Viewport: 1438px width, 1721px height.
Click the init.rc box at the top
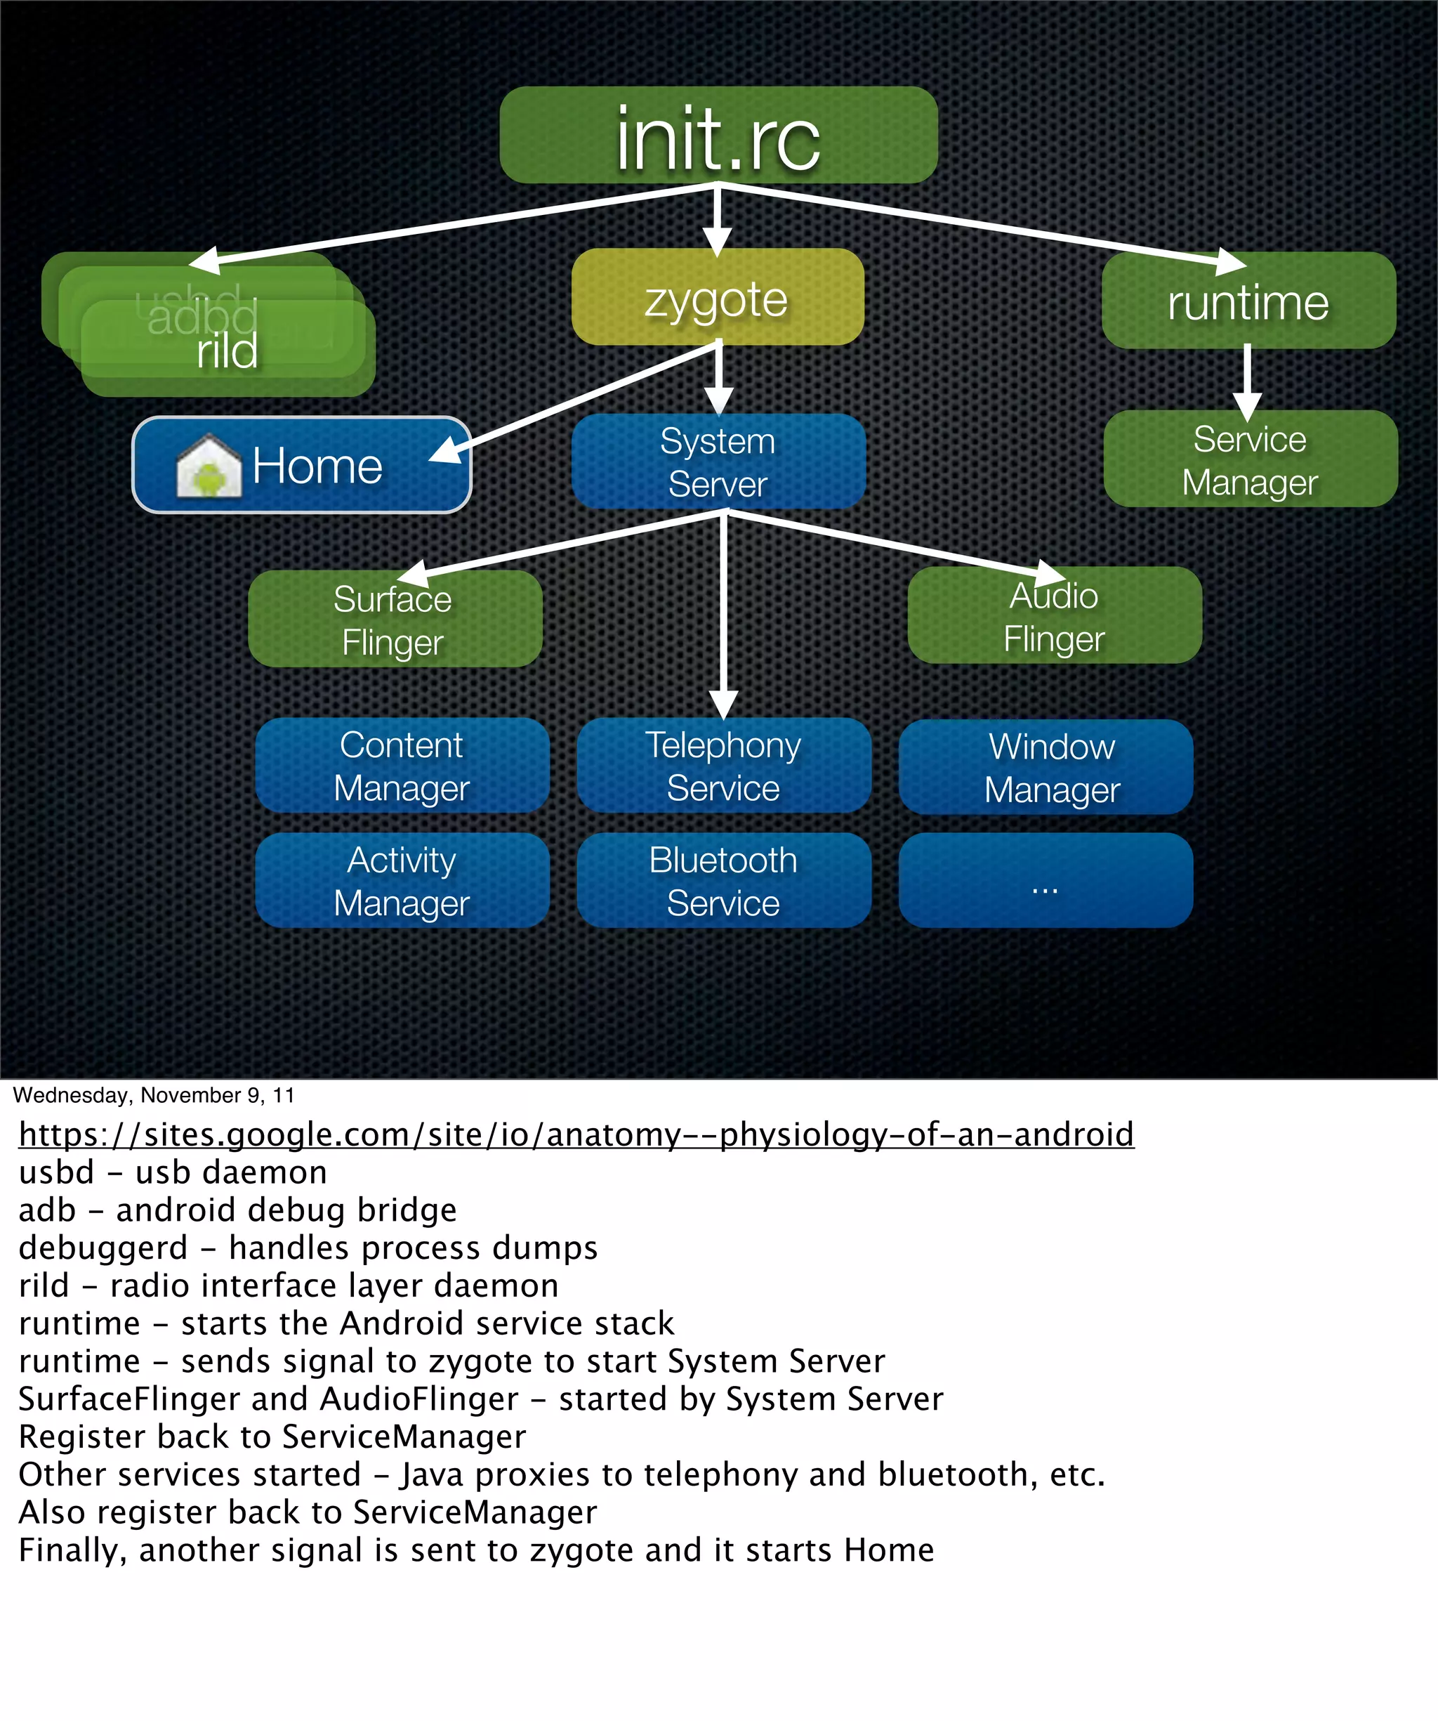click(x=718, y=135)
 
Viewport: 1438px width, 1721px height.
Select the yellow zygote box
click(x=718, y=296)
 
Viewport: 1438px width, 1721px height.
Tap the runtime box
click(x=1248, y=301)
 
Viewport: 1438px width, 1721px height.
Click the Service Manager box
click(x=1250, y=459)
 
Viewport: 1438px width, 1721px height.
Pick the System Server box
click(x=718, y=462)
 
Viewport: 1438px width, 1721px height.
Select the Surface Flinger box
click(x=395, y=619)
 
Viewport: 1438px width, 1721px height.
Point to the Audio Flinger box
click(x=1055, y=615)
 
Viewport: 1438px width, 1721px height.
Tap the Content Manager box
click(x=402, y=766)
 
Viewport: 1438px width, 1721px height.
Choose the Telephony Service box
click(x=723, y=766)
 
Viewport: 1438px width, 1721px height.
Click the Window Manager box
click(x=1045, y=767)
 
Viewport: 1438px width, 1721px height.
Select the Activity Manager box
click(x=402, y=880)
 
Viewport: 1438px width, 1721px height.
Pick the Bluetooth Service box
click(x=723, y=880)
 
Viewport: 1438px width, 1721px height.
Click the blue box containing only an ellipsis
click(x=1045, y=880)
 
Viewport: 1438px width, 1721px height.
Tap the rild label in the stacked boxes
click(x=227, y=351)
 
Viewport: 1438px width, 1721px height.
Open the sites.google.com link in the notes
click(x=576, y=1134)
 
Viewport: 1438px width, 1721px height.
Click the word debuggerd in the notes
click(x=103, y=1248)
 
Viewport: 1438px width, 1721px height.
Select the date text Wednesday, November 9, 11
click(x=153, y=1095)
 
